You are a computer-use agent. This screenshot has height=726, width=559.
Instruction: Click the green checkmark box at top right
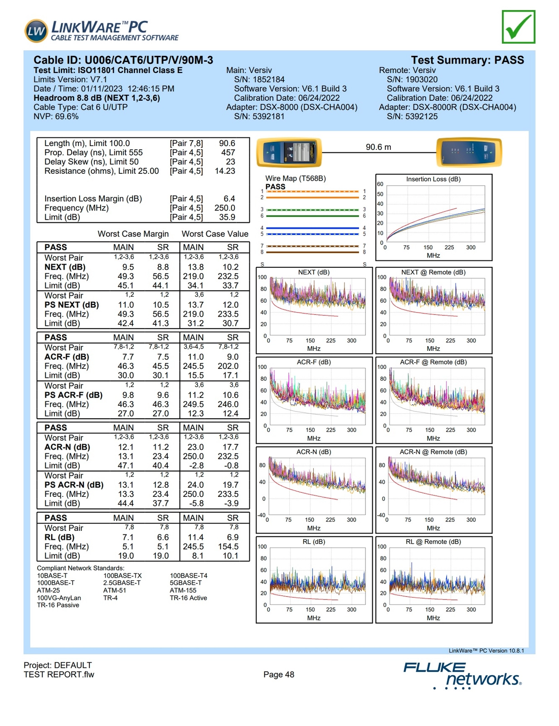[518, 27]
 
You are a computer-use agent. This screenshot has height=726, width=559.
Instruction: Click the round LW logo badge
[36, 31]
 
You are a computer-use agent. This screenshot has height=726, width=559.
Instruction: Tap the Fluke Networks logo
[462, 675]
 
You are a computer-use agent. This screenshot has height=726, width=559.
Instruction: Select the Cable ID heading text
[123, 60]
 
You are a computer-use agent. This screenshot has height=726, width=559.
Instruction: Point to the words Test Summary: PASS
[467, 60]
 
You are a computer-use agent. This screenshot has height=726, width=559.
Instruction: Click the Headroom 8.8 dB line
[97, 98]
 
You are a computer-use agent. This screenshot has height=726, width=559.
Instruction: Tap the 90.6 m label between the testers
[378, 147]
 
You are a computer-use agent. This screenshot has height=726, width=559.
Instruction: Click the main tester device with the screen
[289, 152]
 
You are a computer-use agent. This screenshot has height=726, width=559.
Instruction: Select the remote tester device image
[469, 152]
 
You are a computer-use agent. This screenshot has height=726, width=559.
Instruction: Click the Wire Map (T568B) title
[295, 178]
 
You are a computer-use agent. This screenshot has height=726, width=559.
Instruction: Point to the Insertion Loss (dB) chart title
[433, 179]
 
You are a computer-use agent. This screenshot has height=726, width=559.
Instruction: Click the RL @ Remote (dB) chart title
[433, 542]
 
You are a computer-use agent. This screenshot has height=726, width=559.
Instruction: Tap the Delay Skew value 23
[230, 162]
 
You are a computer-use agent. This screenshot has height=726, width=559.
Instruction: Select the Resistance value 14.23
[225, 171]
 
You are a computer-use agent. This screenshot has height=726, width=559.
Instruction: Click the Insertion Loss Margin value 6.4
[229, 199]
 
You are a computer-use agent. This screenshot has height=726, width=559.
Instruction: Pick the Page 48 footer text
[278, 675]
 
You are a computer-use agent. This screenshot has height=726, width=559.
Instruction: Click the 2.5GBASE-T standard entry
[122, 583]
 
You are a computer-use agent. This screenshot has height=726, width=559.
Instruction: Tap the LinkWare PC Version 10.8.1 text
[486, 651]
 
